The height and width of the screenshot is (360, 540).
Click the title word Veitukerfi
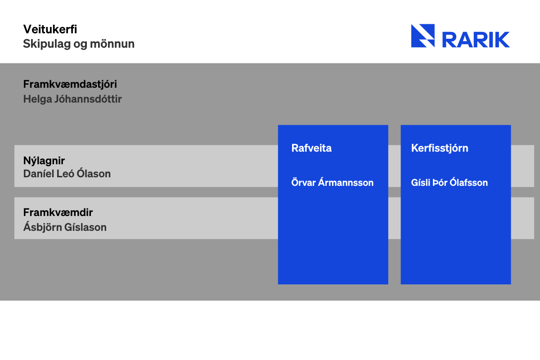[50, 29]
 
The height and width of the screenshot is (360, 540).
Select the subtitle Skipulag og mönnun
[79, 44]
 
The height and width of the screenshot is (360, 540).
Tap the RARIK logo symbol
[423, 36]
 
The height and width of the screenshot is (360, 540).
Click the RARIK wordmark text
[476, 40]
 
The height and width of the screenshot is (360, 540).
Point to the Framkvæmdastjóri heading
[70, 85]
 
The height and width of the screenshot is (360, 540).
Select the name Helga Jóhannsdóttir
[72, 99]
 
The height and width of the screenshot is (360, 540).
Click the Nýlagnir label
[44, 161]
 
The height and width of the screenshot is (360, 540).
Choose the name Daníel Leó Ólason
[67, 173]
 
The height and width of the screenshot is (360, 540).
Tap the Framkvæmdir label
[58, 212]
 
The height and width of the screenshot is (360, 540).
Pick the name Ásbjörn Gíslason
[65, 227]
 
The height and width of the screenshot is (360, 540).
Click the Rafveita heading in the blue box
[311, 148]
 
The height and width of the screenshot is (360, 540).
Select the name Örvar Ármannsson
[333, 182]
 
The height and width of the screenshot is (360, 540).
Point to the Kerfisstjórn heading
[440, 148]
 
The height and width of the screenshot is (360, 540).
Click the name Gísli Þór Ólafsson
[450, 182]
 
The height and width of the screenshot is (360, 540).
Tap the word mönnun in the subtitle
[112, 44]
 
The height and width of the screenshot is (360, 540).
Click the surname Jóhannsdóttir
[88, 99]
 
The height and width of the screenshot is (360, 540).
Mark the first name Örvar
[303, 182]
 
